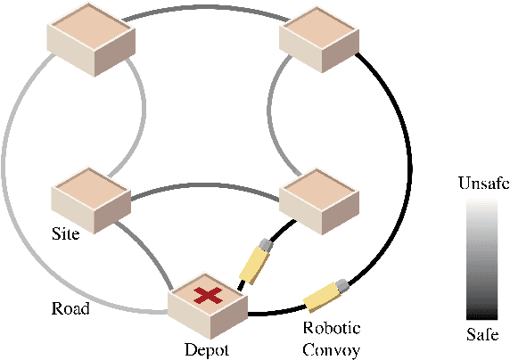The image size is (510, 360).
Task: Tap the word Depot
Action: tap(206, 350)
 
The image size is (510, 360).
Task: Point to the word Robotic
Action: tap(331, 328)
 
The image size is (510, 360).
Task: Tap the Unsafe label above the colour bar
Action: tap(482, 184)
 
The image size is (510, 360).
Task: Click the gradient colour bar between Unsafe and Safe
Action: tap(482, 259)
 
